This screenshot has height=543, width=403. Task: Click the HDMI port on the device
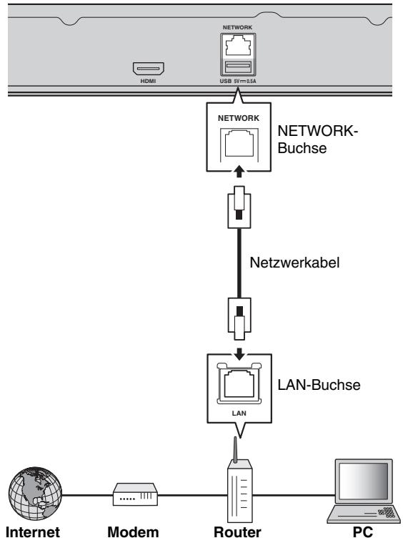(149, 69)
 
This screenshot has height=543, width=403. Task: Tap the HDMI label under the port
(148, 82)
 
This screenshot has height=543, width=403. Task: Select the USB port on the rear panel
(238, 67)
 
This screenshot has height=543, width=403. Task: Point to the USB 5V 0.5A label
(238, 82)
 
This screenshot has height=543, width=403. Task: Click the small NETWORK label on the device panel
(237, 27)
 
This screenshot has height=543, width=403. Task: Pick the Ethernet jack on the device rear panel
(238, 46)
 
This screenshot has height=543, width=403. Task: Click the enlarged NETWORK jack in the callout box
(239, 144)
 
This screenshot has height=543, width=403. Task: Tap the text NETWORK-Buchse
(317, 140)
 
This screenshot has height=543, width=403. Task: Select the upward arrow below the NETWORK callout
(239, 172)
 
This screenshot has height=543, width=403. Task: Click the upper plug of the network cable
(239, 207)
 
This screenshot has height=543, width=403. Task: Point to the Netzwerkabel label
(294, 262)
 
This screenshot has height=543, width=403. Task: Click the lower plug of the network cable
(239, 318)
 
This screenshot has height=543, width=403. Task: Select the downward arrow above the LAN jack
(239, 354)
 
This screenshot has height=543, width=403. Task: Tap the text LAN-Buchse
(319, 385)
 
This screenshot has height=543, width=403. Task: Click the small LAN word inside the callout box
(239, 413)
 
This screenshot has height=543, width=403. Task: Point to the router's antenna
(235, 450)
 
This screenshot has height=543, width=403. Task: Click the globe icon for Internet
(35, 494)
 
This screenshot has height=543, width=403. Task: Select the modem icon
(135, 494)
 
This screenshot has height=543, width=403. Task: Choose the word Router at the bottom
(237, 532)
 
